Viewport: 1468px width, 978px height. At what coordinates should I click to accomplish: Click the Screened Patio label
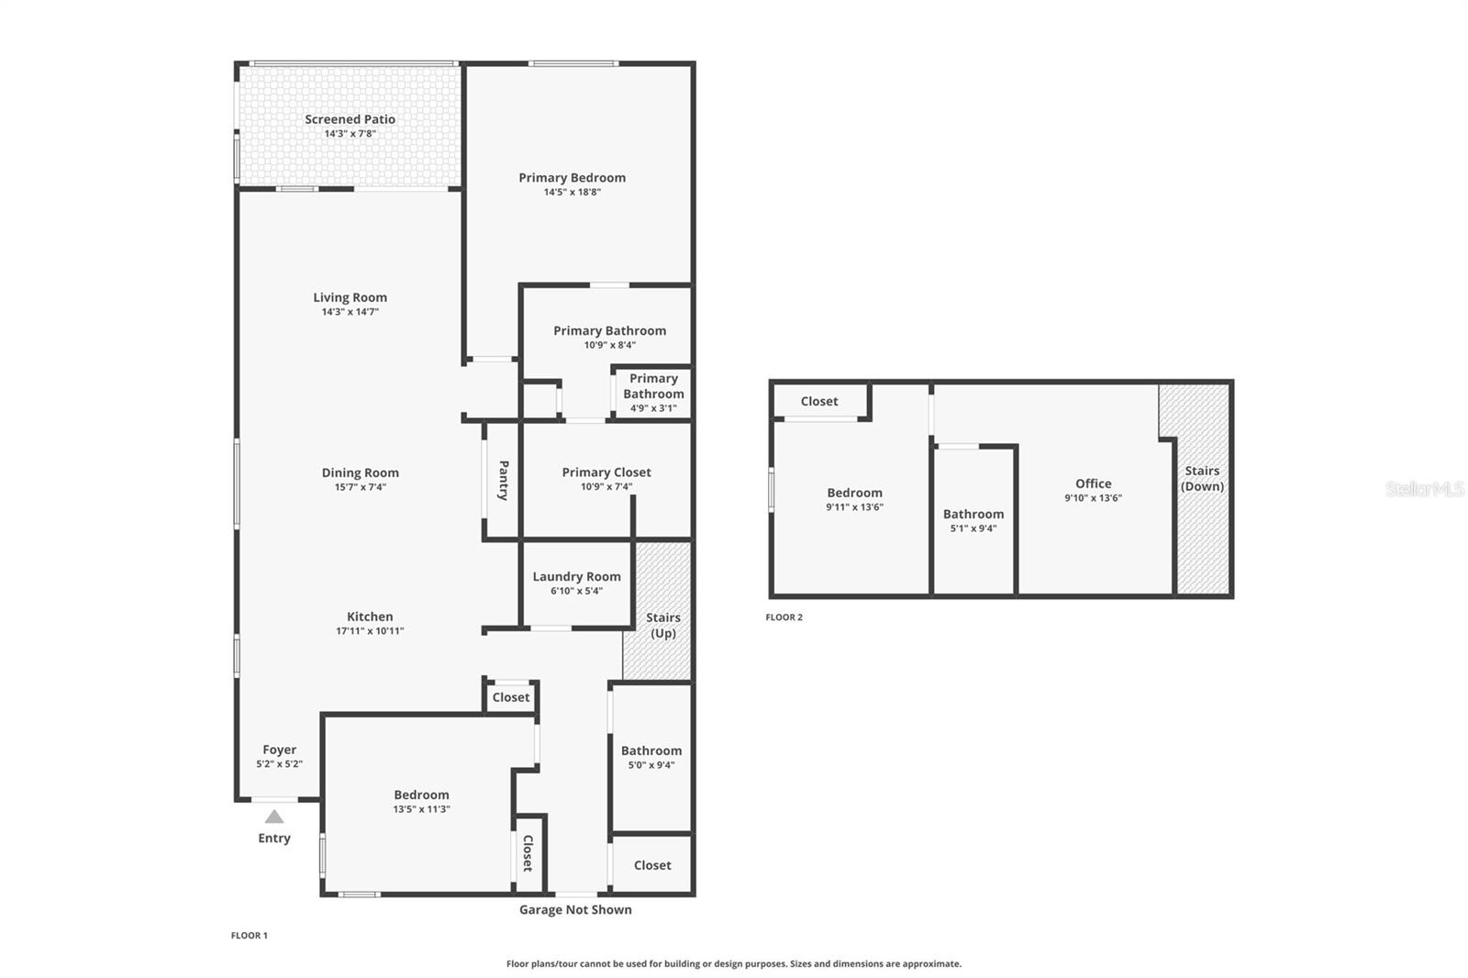(x=350, y=119)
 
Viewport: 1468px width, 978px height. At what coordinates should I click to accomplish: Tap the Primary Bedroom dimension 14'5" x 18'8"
(x=572, y=193)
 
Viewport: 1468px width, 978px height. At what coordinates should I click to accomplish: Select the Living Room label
(x=350, y=297)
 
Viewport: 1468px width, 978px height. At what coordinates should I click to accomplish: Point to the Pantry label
(x=503, y=480)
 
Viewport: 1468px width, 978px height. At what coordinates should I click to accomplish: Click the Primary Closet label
(x=606, y=472)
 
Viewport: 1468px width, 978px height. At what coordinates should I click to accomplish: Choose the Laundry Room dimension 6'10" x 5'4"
(x=576, y=591)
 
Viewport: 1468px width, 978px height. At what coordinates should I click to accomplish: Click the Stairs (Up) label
(x=662, y=626)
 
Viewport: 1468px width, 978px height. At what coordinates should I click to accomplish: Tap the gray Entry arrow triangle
(x=274, y=817)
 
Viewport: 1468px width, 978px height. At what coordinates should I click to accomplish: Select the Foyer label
(x=279, y=750)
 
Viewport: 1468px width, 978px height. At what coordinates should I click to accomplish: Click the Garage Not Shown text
(x=575, y=910)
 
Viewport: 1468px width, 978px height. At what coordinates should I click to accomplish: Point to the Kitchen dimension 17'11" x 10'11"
(x=370, y=631)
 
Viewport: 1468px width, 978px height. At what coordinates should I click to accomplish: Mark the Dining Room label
(x=360, y=473)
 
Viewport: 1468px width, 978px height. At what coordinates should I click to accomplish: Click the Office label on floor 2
(x=1093, y=483)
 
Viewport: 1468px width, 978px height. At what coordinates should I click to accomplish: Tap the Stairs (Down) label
(x=1202, y=479)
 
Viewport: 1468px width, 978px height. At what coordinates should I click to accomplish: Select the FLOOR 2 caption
(x=784, y=617)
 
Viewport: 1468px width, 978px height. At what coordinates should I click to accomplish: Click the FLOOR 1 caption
(x=249, y=936)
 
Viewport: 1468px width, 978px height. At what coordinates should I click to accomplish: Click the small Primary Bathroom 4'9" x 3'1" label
(x=653, y=393)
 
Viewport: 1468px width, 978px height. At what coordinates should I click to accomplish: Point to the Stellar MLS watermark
(x=1424, y=489)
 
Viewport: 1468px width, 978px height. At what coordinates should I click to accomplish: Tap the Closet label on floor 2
(x=818, y=402)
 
